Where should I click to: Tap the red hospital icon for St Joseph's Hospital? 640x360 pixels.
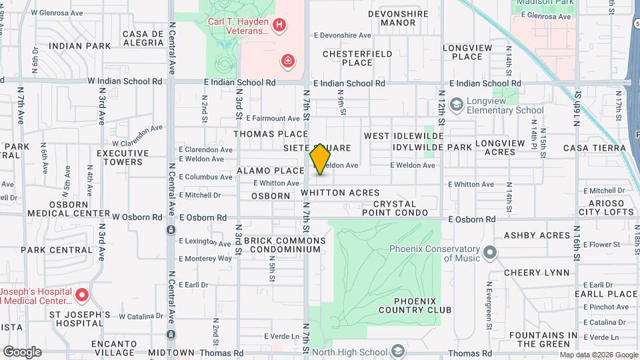click(82, 294)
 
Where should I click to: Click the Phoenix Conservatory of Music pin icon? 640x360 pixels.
click(491, 253)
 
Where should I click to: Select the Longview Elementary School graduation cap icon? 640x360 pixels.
click(457, 104)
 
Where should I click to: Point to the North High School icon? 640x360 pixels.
click(397, 351)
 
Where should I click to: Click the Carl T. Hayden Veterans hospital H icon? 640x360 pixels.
click(279, 26)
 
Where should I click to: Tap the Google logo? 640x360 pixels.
click(22, 351)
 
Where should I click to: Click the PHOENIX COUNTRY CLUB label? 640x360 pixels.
click(415, 305)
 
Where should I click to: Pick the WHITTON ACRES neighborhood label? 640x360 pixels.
click(340, 193)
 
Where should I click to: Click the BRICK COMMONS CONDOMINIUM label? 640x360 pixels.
click(285, 245)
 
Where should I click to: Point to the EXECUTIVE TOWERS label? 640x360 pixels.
click(119, 157)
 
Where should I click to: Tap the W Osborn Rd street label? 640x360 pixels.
click(137, 217)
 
